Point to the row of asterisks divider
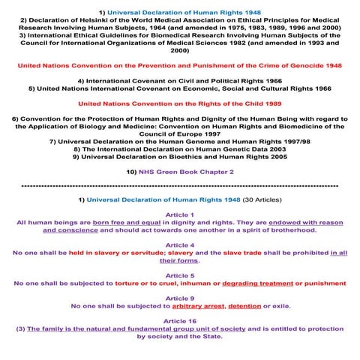point(180,185)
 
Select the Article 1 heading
point(180,214)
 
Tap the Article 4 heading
point(180,245)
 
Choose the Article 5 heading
point(180,276)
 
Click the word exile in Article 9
point(278,306)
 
